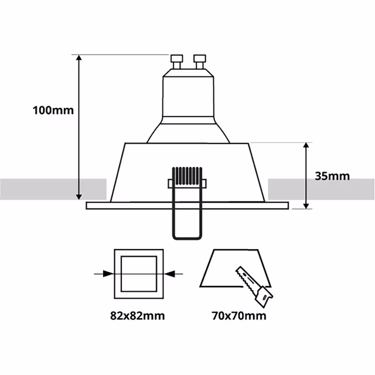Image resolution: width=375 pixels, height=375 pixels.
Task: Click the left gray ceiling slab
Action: click(53, 189)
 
